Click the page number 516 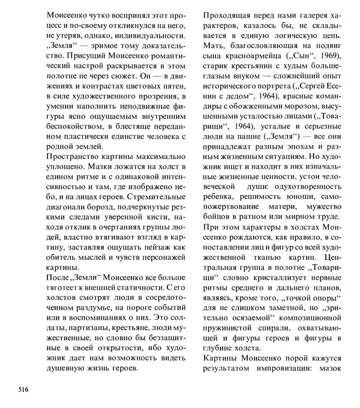[x=23, y=389]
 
